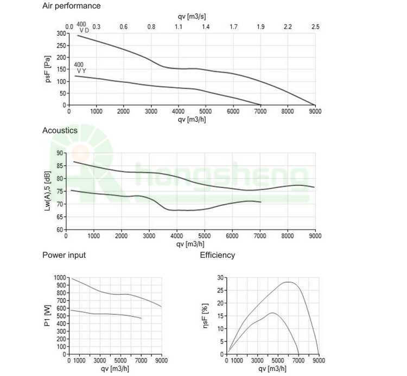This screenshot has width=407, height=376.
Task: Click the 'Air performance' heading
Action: click(x=71, y=6)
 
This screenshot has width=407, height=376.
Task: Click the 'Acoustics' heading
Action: click(x=60, y=131)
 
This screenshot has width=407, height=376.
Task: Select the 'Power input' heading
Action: click(x=64, y=255)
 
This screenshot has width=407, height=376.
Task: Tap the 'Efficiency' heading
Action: click(x=218, y=255)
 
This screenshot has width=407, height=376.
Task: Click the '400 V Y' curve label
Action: click(x=80, y=68)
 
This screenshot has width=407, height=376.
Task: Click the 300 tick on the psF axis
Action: click(x=61, y=34)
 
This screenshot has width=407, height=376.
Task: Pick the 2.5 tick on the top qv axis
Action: click(x=315, y=27)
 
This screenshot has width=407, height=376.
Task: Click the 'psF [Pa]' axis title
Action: click(x=48, y=69)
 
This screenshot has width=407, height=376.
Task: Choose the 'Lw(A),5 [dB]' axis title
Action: click(x=48, y=192)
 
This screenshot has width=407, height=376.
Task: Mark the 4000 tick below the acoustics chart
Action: click(x=177, y=236)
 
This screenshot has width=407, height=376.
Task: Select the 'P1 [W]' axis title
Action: click(x=48, y=316)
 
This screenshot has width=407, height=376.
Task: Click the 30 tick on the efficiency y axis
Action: click(x=221, y=278)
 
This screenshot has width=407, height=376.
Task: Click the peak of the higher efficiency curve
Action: click(x=288, y=282)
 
